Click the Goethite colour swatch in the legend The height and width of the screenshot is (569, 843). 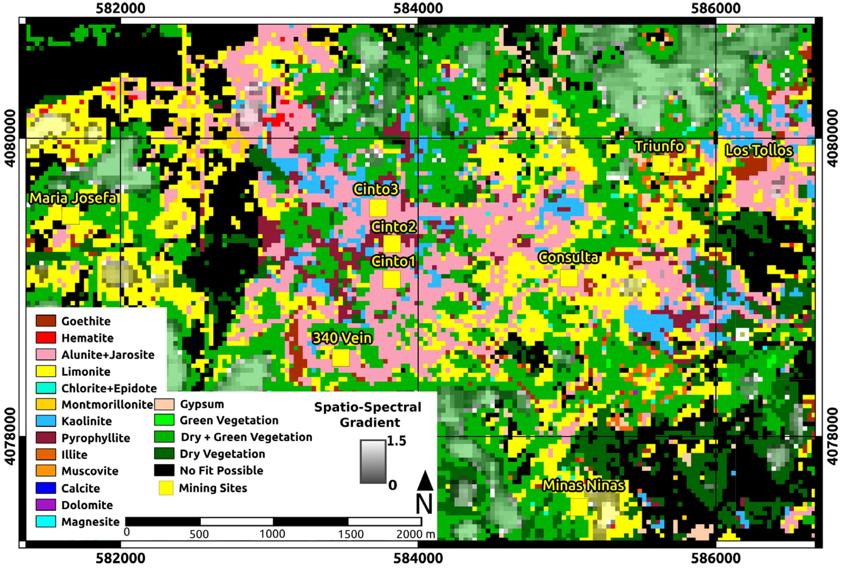click(46, 321)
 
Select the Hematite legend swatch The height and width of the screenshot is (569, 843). click(46, 337)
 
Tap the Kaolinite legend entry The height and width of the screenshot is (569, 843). click(46, 421)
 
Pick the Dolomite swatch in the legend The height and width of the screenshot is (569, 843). click(46, 505)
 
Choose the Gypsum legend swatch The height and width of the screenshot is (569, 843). click(164, 404)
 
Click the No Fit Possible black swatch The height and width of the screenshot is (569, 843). click(164, 470)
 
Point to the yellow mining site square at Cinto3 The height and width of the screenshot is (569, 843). click(378, 208)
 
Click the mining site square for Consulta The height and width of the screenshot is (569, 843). click(569, 278)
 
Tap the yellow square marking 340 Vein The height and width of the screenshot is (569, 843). click(341, 358)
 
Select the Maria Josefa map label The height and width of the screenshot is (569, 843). click(73, 198)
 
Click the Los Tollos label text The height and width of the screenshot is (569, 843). click(759, 151)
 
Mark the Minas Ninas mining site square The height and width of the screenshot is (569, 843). click(579, 507)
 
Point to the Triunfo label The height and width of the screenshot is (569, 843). click(659, 146)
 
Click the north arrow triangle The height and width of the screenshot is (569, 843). click(425, 481)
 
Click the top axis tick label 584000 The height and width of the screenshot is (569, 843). click(418, 8)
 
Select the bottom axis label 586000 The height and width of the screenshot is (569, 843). click(716, 558)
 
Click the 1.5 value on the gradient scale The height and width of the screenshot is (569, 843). click(396, 441)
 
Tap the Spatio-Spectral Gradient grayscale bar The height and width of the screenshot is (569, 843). click(373, 462)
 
